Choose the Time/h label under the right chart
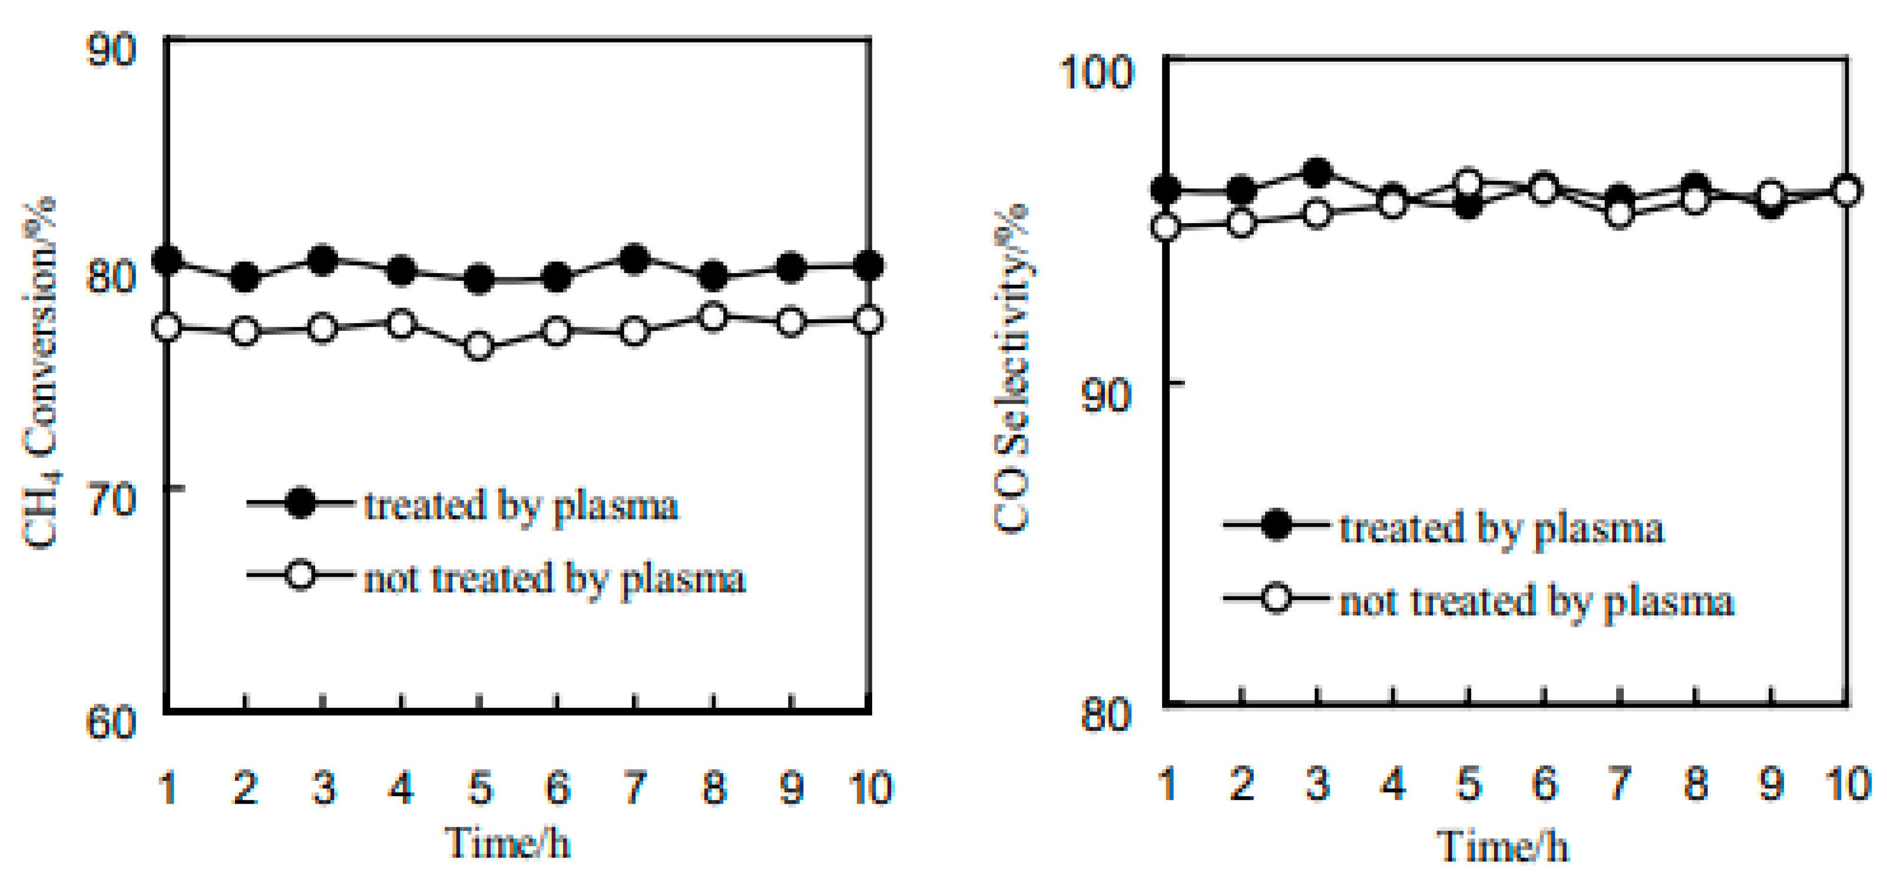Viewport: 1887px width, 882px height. click(1502, 846)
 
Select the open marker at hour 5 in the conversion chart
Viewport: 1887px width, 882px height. click(479, 346)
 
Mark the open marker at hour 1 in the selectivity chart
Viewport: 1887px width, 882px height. click(1166, 227)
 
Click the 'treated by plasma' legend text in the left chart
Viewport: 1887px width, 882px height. click(521, 505)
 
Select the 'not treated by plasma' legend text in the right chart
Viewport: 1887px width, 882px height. click(1537, 602)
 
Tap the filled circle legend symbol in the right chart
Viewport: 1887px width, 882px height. click(1276, 525)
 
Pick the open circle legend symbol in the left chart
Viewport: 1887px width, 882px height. click(300, 575)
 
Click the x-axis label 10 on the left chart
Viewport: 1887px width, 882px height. click(869, 788)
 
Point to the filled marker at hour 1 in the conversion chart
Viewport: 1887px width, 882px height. click(168, 260)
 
